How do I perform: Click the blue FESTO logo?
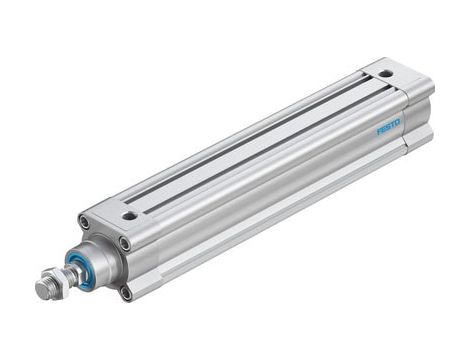(388, 127)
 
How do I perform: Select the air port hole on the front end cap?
(130, 213)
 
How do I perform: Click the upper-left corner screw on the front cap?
(84, 222)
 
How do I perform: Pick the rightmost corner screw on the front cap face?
(124, 242)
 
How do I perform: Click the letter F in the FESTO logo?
(379, 131)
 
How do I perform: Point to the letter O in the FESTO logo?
(397, 123)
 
